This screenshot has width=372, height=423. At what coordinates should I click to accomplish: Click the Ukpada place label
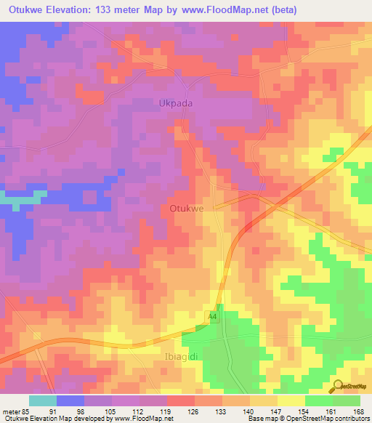[176, 103]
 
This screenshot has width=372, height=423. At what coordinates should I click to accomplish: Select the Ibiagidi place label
[175, 359]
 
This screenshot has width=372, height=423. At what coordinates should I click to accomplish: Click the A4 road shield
[213, 315]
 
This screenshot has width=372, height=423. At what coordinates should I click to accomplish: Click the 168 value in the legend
[358, 411]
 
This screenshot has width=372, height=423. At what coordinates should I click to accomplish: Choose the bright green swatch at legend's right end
[347, 400]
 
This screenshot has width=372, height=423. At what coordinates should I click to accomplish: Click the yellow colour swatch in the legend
[291, 400]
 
